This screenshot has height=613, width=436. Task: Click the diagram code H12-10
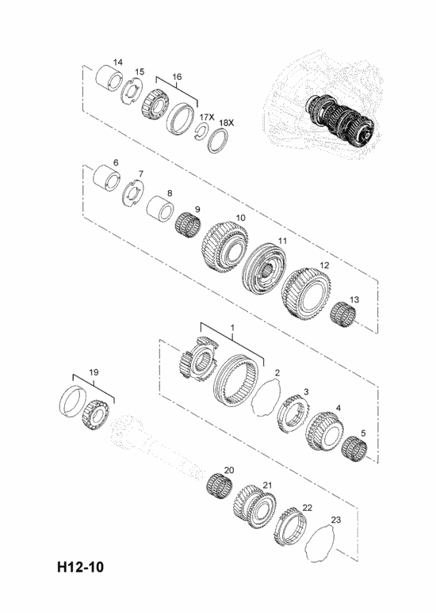click(x=81, y=566)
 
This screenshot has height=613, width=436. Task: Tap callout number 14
click(x=118, y=62)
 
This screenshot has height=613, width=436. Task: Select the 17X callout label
click(x=207, y=117)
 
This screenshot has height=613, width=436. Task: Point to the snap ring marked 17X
click(x=202, y=131)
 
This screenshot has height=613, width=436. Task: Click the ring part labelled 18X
click(x=218, y=140)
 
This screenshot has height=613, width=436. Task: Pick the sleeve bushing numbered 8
click(x=160, y=209)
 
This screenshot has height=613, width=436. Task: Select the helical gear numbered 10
click(x=224, y=247)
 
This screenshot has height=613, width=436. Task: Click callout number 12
click(x=324, y=265)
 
